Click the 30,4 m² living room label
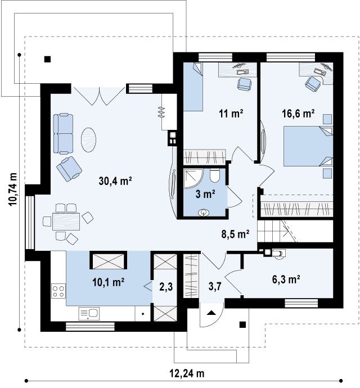[115, 181]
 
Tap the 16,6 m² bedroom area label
[298, 114]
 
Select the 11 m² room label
[231, 114]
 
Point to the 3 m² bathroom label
[205, 194]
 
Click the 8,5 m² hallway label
[235, 234]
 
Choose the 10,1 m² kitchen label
[108, 282]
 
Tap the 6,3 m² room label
[286, 279]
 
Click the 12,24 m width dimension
[187, 373]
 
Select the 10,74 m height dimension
[12, 189]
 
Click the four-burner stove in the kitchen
[58, 291]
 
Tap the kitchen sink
[89, 314]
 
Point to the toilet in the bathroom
[214, 175]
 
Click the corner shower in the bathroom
[193, 179]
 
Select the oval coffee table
[88, 140]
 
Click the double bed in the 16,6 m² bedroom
[308, 146]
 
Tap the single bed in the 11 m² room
[193, 87]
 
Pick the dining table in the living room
[66, 222]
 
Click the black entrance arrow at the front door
[211, 313]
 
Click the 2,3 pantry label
[166, 287]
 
